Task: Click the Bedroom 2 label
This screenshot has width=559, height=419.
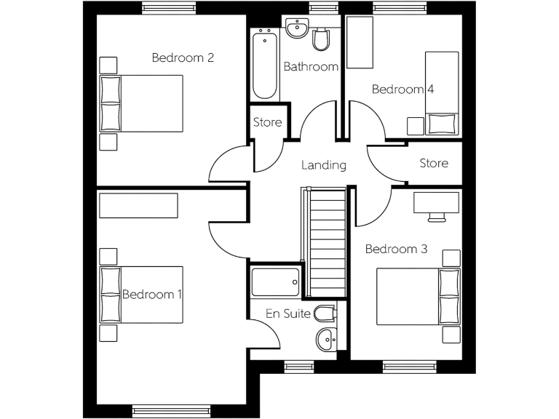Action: pos(182,57)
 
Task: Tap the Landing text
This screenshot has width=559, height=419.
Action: pos(324,165)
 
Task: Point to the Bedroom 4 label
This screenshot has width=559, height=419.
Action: pos(403,89)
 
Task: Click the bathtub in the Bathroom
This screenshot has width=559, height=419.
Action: pos(265,65)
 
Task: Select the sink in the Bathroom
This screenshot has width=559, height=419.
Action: pos(297,29)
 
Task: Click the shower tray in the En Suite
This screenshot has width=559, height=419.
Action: pos(275,281)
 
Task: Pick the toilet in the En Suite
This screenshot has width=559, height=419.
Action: pos(325,314)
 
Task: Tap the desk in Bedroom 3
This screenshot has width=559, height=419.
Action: pos(437,201)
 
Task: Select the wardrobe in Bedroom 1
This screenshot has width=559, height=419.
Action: pos(138,205)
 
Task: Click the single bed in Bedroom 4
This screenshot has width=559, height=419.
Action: pos(441,92)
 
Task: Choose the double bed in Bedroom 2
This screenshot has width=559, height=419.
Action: pos(141,103)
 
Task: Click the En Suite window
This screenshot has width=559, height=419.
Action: pos(298,365)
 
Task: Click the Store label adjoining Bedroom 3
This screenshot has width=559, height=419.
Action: pos(434,164)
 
